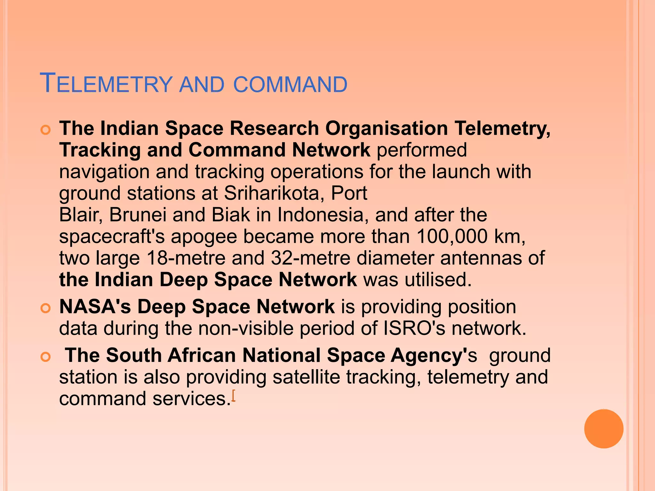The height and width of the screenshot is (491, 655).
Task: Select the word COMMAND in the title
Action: [290, 85]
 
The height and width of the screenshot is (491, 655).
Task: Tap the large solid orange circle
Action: [604, 429]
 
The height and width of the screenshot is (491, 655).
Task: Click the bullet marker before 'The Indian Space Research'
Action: [46, 130]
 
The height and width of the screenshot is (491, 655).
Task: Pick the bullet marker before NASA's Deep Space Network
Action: [46, 308]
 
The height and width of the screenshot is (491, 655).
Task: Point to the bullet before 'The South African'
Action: [46, 357]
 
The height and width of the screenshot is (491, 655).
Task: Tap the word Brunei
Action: [138, 214]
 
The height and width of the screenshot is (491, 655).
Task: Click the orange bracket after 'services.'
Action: [233, 396]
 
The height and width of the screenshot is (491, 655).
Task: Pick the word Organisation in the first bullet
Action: [387, 129]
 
